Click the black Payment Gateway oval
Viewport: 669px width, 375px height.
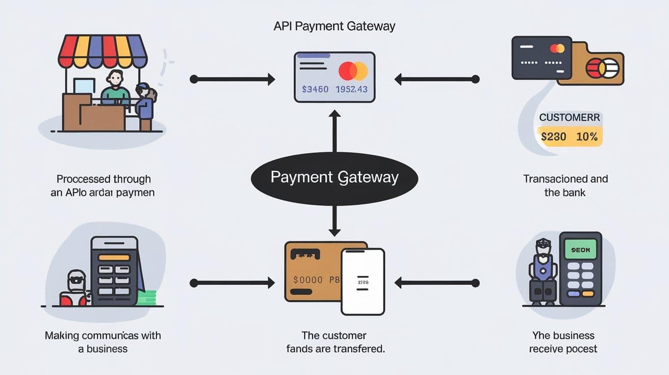tap(334, 177)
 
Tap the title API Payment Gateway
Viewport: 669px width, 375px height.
tap(334, 26)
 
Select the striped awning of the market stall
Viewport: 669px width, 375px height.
tap(102, 50)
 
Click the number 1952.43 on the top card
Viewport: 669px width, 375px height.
tap(351, 89)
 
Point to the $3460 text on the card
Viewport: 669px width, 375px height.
tap(315, 89)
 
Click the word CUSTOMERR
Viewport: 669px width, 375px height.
tap(570, 117)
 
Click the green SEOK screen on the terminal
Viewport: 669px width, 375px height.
tap(580, 250)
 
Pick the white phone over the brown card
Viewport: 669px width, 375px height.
tap(363, 281)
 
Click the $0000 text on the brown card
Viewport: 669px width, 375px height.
tap(308, 280)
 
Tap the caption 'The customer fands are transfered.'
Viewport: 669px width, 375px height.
tap(334, 342)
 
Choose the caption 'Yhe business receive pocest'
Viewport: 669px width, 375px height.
tap(563, 342)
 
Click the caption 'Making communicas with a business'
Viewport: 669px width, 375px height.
tap(102, 342)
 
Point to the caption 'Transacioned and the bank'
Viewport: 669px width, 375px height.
tap(565, 185)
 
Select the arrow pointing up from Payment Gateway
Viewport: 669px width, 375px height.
tap(334, 132)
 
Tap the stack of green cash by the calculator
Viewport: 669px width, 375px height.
tap(146, 297)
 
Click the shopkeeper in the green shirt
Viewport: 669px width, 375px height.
tap(115, 88)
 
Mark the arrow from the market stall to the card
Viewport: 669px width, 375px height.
tap(232, 79)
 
